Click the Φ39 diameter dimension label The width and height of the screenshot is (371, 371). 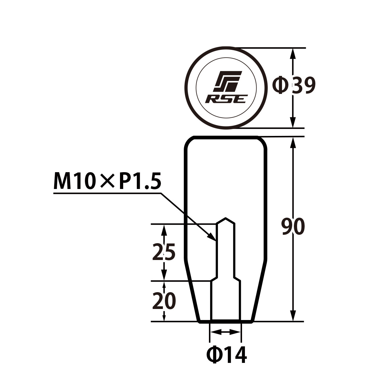pyautogui.click(x=294, y=85)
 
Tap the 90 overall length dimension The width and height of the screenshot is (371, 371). pyautogui.click(x=293, y=226)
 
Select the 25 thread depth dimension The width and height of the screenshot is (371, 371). pyautogui.click(x=164, y=252)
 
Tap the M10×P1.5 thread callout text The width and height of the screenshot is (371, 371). pyautogui.click(x=107, y=181)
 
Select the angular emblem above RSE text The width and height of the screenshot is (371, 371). pyautogui.click(x=227, y=81)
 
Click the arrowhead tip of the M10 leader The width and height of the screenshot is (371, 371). pyautogui.click(x=216, y=241)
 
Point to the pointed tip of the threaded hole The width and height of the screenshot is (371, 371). pyautogui.click(x=225, y=218)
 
